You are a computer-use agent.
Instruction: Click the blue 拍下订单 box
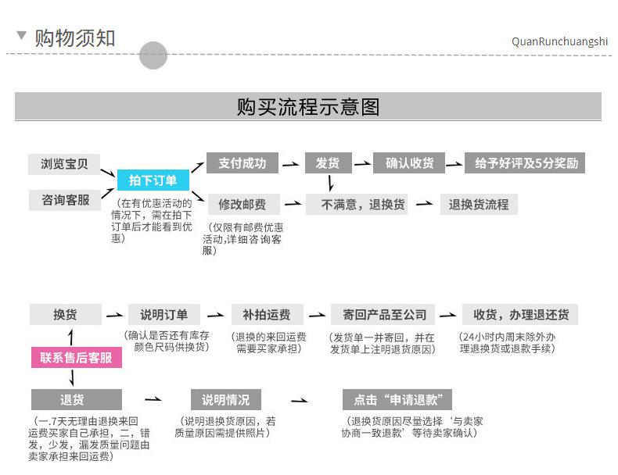(x=153, y=180)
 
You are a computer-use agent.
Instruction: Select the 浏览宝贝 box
(x=64, y=164)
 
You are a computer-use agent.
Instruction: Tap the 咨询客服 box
(x=64, y=200)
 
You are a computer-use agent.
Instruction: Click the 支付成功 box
(x=242, y=163)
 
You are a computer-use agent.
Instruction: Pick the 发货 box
(x=327, y=163)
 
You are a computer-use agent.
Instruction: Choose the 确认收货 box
(x=409, y=163)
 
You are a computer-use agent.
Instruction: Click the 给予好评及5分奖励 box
(x=525, y=163)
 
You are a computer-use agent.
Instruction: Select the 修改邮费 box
(x=242, y=205)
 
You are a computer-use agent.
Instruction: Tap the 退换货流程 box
(x=478, y=205)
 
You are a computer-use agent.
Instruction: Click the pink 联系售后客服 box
(x=76, y=359)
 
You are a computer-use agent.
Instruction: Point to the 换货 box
(x=65, y=315)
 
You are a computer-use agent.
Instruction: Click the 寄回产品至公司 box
(x=383, y=315)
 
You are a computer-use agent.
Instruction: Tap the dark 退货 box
(x=76, y=400)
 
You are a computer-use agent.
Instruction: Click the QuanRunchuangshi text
(x=559, y=41)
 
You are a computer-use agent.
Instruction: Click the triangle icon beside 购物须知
(x=21, y=36)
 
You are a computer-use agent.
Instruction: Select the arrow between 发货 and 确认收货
(x=362, y=164)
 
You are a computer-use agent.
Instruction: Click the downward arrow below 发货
(x=331, y=184)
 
